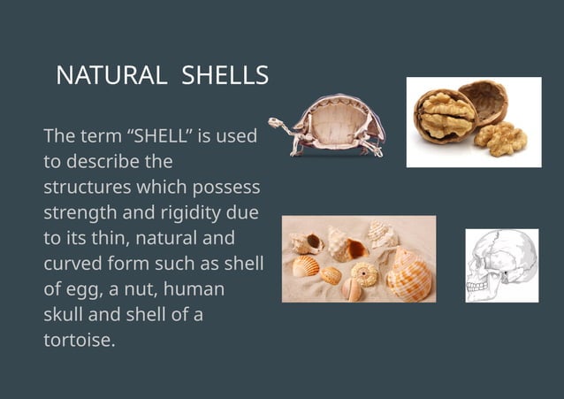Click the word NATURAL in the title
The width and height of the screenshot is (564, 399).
[111, 77]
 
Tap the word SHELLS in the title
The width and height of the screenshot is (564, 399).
[225, 77]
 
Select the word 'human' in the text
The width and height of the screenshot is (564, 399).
[195, 289]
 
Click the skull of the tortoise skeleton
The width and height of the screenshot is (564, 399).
[276, 123]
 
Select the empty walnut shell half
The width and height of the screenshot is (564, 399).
[484, 99]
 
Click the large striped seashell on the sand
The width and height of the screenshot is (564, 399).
[409, 276]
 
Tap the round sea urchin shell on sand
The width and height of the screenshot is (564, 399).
[364, 274]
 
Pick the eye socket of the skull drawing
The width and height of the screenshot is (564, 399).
[483, 265]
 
